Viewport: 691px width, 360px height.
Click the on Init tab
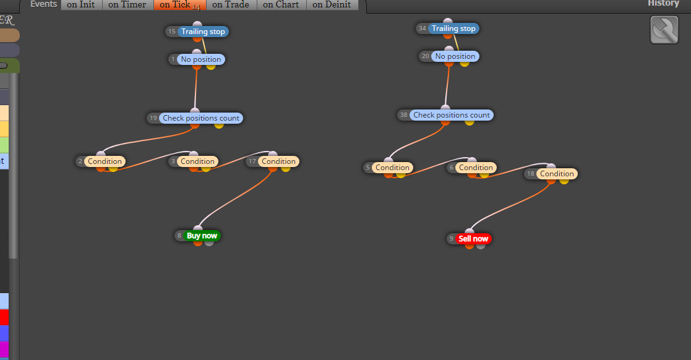(82, 5)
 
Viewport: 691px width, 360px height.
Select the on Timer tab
(128, 5)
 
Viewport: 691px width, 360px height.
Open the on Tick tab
(180, 5)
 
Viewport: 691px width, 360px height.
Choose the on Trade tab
(231, 5)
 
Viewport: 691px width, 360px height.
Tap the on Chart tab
(281, 5)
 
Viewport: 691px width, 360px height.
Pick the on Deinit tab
(332, 5)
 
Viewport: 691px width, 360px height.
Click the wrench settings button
(664, 30)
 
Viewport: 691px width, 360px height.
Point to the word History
(663, 4)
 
